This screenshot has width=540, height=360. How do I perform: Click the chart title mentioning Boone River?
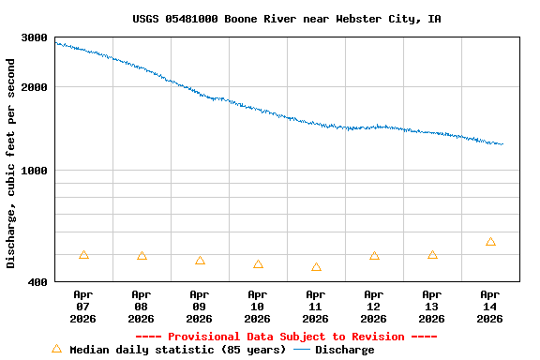pos(286,19)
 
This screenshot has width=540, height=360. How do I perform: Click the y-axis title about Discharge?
pos(11,163)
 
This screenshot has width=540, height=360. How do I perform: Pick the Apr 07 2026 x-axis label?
pos(83,306)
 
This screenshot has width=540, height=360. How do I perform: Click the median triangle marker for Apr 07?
pos(83,255)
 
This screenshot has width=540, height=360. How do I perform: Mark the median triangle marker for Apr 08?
pos(142,256)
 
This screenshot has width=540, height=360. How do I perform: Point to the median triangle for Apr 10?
pos(258,264)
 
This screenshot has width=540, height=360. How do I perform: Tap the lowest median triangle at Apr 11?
pos(316,267)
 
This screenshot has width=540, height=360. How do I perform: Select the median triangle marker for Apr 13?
pos(432,255)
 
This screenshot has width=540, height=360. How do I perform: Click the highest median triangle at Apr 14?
pos(490,242)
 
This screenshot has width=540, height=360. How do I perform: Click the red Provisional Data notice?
pos(286,337)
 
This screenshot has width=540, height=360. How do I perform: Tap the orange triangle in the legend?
pos(56,349)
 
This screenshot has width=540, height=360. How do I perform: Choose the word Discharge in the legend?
pos(344,350)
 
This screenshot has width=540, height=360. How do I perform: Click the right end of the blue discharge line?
pos(502,144)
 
